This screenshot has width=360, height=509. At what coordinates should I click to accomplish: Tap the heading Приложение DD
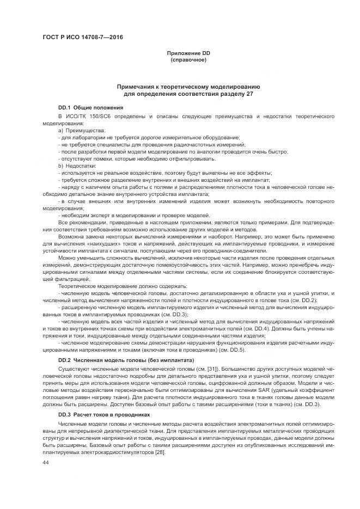(x=188, y=53)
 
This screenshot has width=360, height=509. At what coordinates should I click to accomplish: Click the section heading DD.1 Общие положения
(x=90, y=108)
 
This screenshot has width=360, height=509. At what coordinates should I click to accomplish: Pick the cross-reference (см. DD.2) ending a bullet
(x=299, y=300)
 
